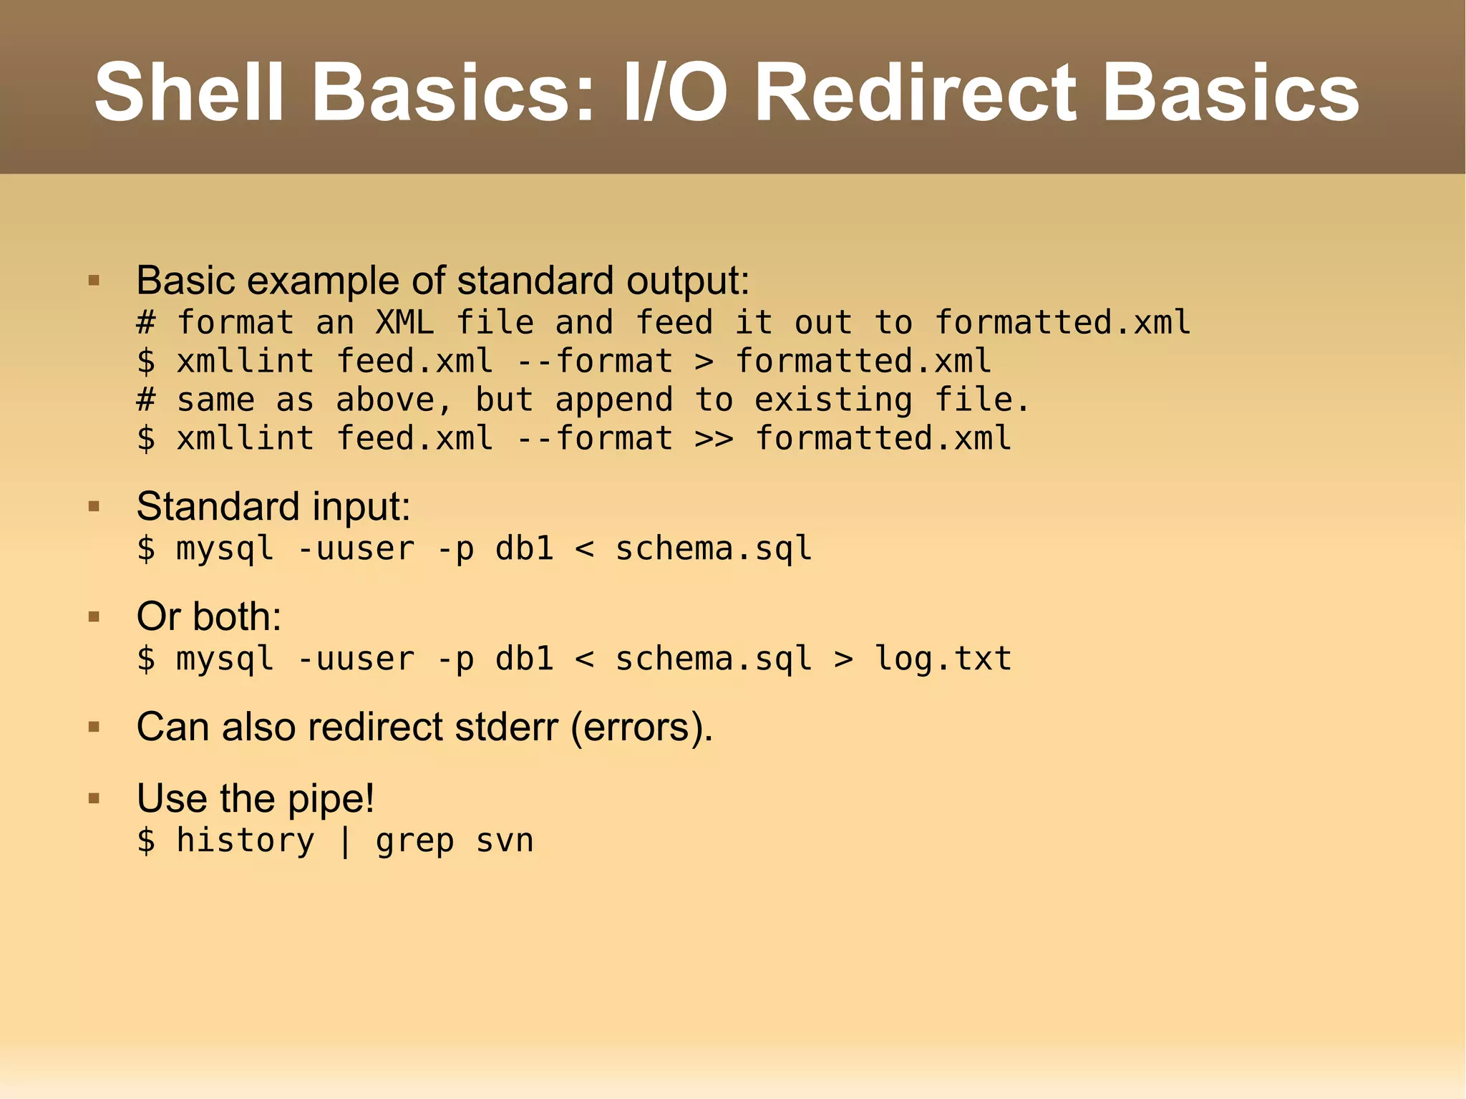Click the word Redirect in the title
[916, 93]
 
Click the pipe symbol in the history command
[345, 841]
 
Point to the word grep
[414, 841]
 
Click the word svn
[505, 841]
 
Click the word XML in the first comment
[404, 323]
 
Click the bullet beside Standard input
[94, 508]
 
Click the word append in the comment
[614, 400]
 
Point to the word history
[246, 841]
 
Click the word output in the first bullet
[687, 281]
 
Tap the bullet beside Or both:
[94, 617]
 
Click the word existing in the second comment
[833, 400]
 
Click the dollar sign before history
[146, 841]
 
